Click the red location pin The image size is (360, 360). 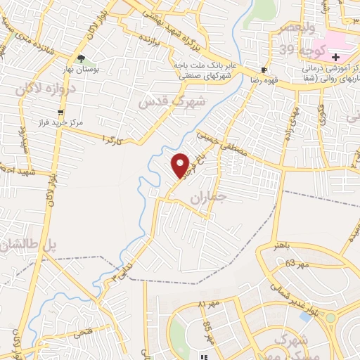coord(181,165)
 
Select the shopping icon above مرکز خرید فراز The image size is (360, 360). coord(60,112)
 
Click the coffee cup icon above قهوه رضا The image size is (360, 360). coord(264,70)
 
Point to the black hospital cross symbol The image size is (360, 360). coord(335,57)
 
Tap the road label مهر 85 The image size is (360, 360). coord(208,326)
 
